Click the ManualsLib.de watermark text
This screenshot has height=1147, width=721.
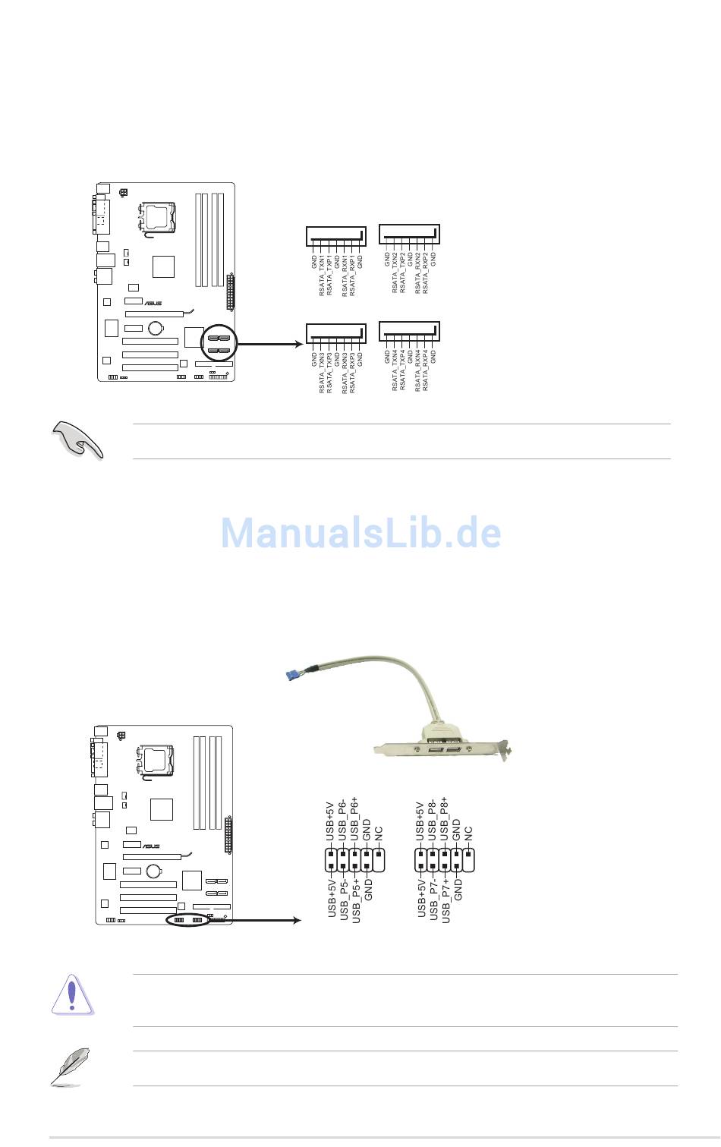(360, 533)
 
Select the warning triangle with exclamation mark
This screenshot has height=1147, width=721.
(71, 994)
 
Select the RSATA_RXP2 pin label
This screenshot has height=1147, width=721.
(425, 273)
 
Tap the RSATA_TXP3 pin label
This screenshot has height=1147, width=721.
(329, 371)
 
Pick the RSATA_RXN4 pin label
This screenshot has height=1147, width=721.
(417, 371)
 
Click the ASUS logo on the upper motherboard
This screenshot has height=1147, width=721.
(153, 304)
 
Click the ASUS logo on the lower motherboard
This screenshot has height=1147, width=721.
(151, 846)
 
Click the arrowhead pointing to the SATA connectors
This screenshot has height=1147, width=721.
(298, 345)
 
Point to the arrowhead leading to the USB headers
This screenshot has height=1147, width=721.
(298, 921)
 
